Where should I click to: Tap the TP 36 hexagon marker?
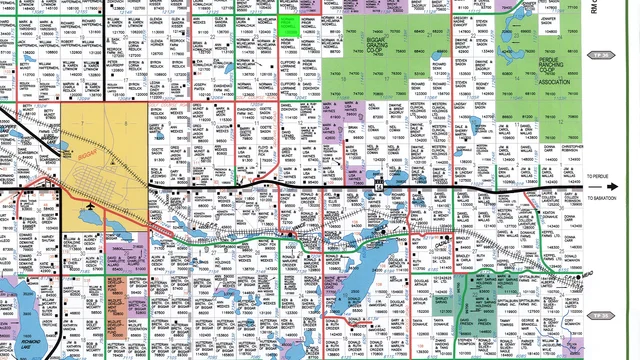600,56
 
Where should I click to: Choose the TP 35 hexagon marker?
600,316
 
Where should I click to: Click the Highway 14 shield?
378,186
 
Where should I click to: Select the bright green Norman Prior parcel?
288,25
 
